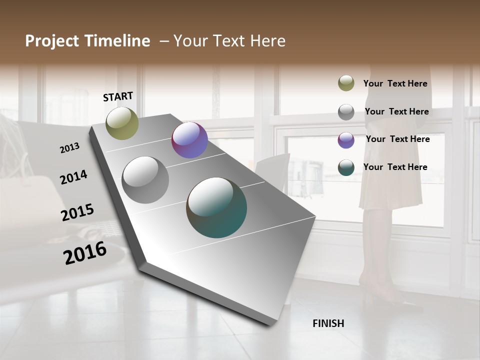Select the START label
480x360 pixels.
[118, 96]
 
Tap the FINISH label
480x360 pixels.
[328, 323]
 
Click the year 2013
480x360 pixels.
[69, 148]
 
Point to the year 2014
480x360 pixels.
[73, 177]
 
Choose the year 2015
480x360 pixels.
[77, 212]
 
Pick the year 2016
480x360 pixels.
[85, 253]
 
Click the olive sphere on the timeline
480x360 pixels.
[122, 123]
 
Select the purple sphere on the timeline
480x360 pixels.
[189, 140]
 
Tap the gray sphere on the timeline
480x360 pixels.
[145, 180]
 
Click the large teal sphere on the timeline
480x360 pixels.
[216, 207]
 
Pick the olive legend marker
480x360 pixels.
[346, 83]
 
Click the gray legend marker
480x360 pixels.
[346, 111]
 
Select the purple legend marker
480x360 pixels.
[346, 140]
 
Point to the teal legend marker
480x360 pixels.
[346, 168]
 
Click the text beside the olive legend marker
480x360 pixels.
[395, 83]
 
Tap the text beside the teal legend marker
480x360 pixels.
[395, 167]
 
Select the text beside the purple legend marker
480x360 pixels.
[397, 139]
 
